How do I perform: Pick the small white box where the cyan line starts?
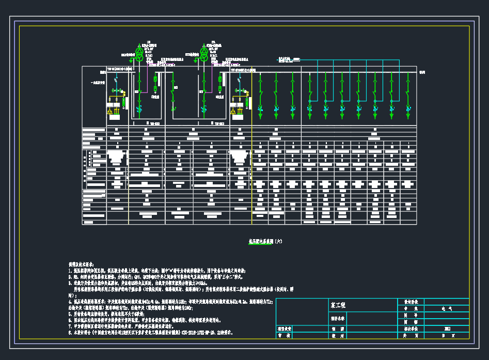click(x=296, y=60)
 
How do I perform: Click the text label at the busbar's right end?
click(x=422, y=72)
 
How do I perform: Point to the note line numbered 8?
click(x=150, y=333)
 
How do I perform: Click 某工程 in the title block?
click(x=338, y=305)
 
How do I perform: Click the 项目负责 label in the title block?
click(x=285, y=328)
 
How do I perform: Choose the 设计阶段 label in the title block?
click(x=411, y=302)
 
